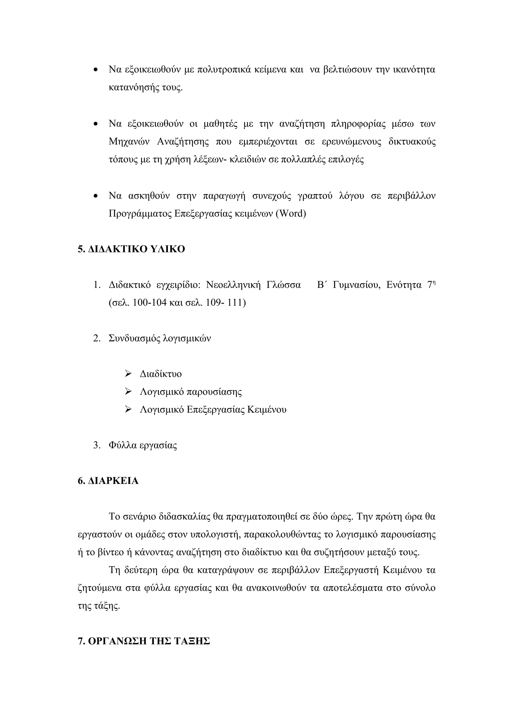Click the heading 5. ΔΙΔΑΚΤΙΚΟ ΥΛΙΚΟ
coord(131,249)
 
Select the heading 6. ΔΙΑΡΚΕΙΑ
coord(108,481)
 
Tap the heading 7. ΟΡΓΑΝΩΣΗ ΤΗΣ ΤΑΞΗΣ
coord(144,641)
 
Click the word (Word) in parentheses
coord(291,214)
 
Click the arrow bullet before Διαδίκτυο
coord(128,374)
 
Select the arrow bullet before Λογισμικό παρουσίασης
coord(128,392)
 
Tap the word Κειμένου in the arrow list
coord(267,410)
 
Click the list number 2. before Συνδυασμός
coord(97,338)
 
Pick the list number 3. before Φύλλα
coord(97,446)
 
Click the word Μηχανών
coord(129,142)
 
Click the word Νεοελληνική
coord(233,285)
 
